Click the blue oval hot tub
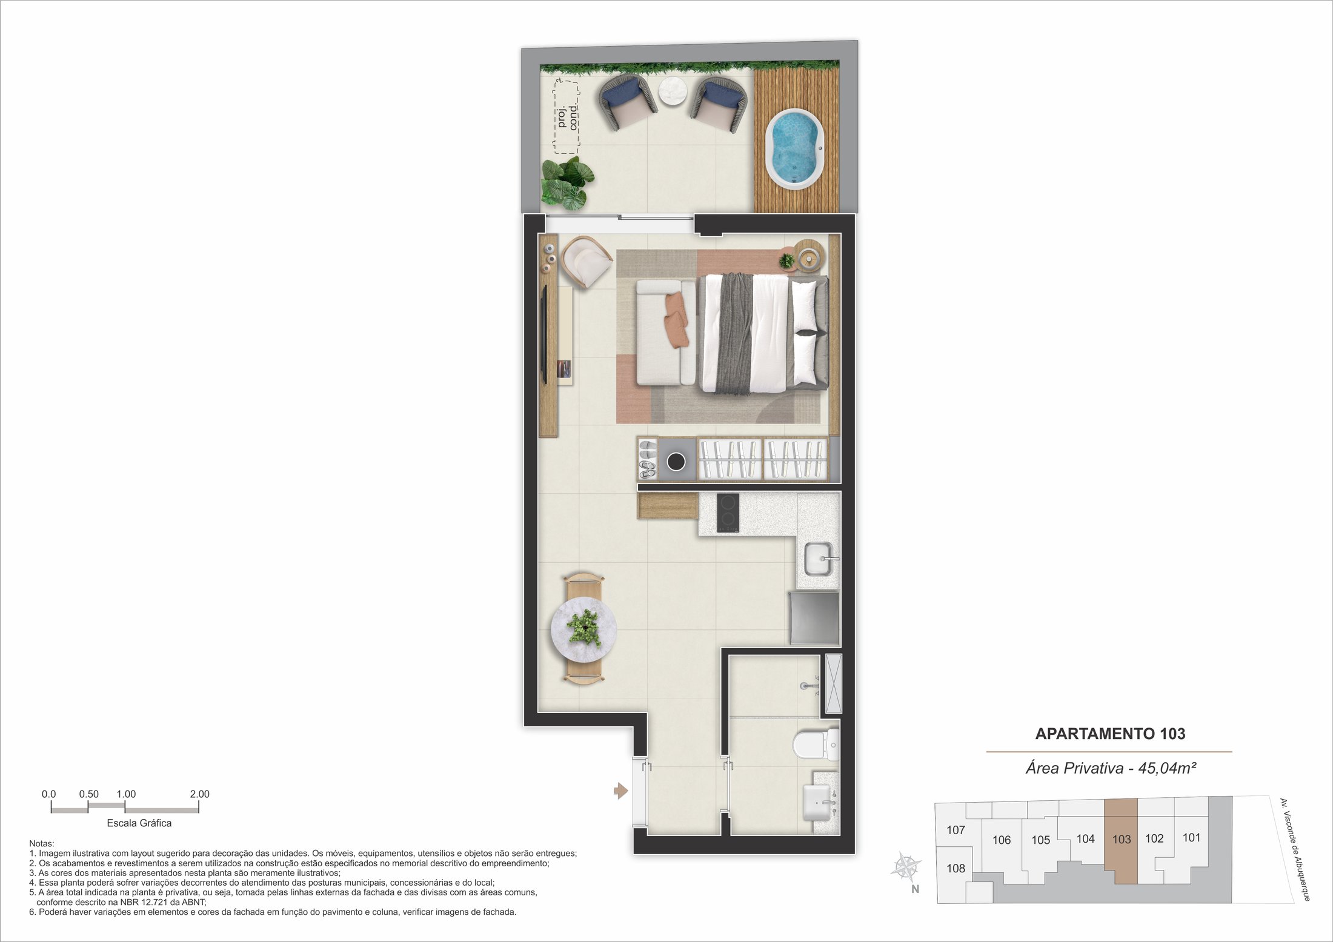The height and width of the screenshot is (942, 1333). click(x=794, y=149)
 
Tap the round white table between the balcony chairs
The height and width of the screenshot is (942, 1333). click(x=674, y=91)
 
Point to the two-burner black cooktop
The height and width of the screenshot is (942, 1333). click(x=728, y=513)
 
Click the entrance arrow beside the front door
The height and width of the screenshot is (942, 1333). click(x=621, y=791)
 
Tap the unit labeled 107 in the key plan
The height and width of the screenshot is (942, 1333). click(x=956, y=830)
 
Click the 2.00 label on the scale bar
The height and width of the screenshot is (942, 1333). click(x=199, y=794)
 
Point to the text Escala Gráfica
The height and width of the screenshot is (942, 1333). click(x=139, y=823)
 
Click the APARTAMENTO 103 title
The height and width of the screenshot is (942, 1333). click(x=1110, y=734)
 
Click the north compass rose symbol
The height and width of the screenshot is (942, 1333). click(x=906, y=867)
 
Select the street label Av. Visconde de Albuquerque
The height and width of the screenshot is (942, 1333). click(x=1295, y=849)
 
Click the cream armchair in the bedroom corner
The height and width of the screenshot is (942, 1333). click(x=587, y=261)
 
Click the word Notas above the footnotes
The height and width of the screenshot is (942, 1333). click(x=42, y=843)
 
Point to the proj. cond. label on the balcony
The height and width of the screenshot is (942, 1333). click(x=567, y=116)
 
